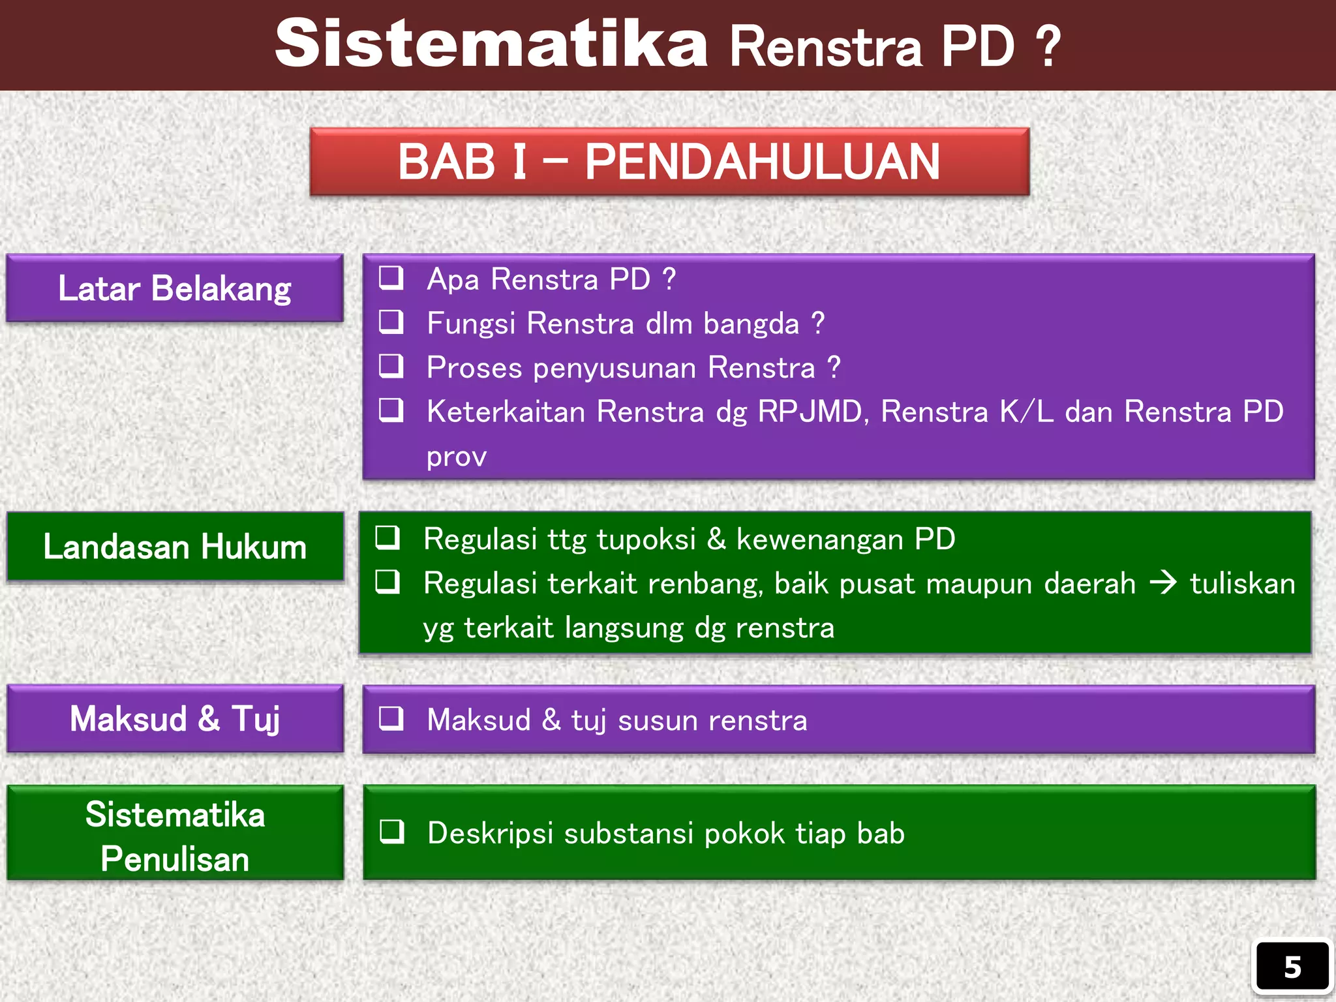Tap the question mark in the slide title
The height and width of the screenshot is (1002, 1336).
coord(1048,47)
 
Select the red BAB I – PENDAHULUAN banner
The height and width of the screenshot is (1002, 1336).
coord(669,162)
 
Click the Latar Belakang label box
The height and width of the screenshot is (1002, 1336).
coord(175,288)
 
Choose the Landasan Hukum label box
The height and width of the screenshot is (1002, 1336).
coord(175,547)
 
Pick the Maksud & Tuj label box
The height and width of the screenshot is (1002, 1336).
coord(175,719)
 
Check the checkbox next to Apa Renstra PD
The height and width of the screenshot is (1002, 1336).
coord(391,278)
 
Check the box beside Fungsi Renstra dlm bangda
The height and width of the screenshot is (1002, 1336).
coord(391,322)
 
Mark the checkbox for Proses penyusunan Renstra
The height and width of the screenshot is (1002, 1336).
coord(391,367)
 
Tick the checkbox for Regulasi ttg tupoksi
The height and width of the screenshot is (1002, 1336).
coord(387,538)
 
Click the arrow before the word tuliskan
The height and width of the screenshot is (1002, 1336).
coord(1163,583)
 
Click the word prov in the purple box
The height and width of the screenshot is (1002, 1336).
coord(456,457)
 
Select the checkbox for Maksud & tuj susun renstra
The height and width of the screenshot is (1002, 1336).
coord(391,719)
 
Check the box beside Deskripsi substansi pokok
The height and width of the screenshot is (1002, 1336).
coord(392,832)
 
